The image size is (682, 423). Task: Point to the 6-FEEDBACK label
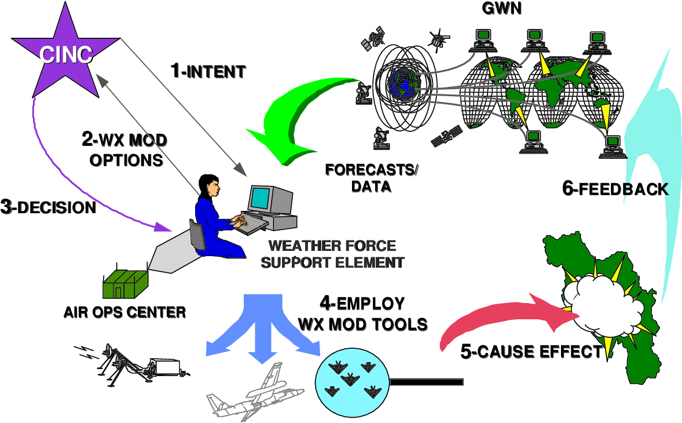point(615,189)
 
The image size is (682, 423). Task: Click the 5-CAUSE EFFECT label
point(531,351)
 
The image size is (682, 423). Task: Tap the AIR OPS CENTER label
point(125,312)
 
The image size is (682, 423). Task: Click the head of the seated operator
point(207,185)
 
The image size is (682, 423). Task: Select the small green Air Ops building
point(124,282)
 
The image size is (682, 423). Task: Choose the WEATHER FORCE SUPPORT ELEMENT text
point(332,254)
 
